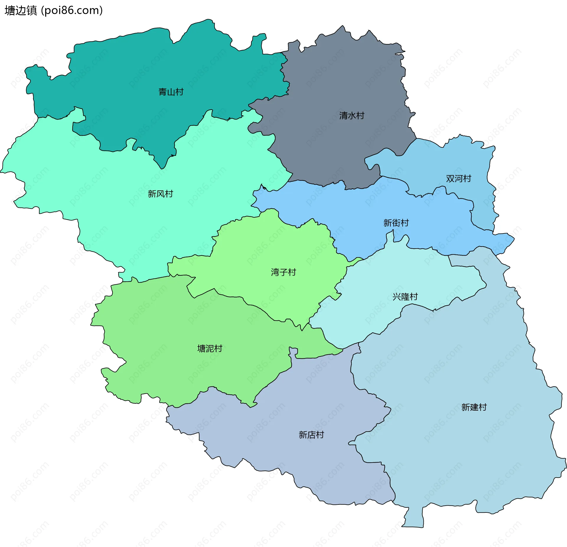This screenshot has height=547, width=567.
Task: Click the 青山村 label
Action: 171,92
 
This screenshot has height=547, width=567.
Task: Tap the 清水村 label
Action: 352,115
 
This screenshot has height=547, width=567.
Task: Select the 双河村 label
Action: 458,179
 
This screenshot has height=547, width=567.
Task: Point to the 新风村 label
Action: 160,194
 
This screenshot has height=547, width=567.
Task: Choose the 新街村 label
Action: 396,223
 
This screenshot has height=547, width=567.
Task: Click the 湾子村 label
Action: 283,272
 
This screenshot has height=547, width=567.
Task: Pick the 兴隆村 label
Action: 405,297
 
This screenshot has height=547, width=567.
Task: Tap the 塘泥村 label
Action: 210,349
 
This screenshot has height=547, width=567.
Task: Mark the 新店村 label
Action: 311,435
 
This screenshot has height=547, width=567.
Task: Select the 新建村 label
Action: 474,407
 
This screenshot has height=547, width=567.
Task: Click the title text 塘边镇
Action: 21,11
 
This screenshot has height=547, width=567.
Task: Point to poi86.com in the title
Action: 72,11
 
